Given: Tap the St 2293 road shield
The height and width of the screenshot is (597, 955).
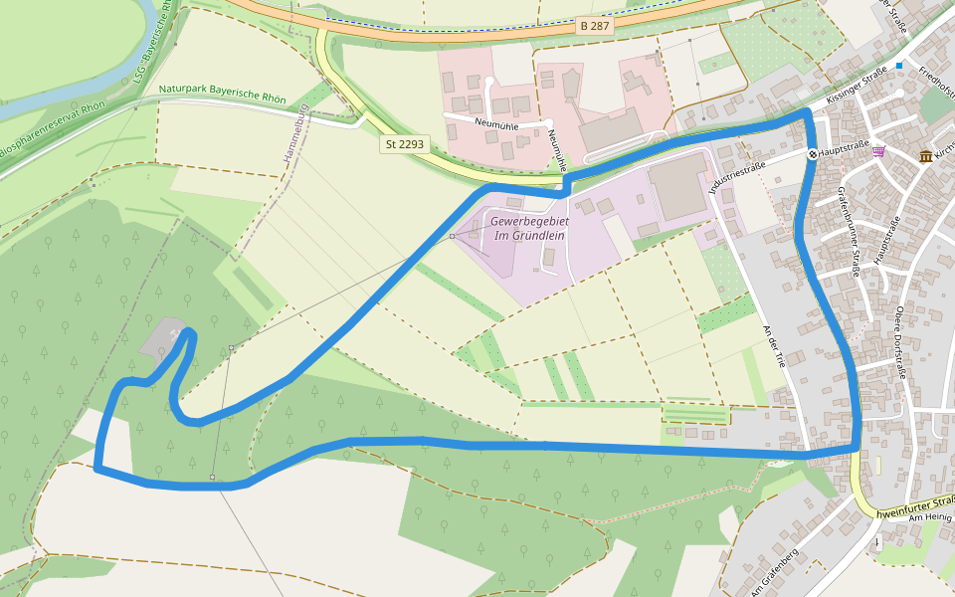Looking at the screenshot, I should pyautogui.click(x=404, y=144).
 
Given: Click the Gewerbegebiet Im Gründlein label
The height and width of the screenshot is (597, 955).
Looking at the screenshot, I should pyautogui.click(x=528, y=228).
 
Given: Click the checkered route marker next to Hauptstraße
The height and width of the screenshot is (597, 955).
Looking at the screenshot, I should pyautogui.click(x=813, y=153).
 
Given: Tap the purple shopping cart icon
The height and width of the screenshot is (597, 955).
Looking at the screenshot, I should pyautogui.click(x=878, y=151).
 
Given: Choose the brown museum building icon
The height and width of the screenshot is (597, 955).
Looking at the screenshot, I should pyautogui.click(x=926, y=156).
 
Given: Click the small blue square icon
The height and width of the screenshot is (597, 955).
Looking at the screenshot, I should pyautogui.click(x=899, y=66).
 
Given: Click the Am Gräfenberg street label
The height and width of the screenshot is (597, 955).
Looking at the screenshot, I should pyautogui.click(x=774, y=572).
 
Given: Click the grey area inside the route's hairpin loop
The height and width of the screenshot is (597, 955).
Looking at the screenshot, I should pyautogui.click(x=162, y=339).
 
